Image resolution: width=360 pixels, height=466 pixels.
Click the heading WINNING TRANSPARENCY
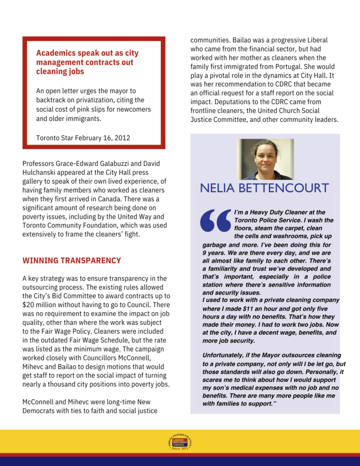[71, 261]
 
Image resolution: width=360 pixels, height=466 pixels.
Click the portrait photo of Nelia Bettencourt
[265, 159]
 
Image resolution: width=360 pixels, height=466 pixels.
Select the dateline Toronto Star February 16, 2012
[83, 138]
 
